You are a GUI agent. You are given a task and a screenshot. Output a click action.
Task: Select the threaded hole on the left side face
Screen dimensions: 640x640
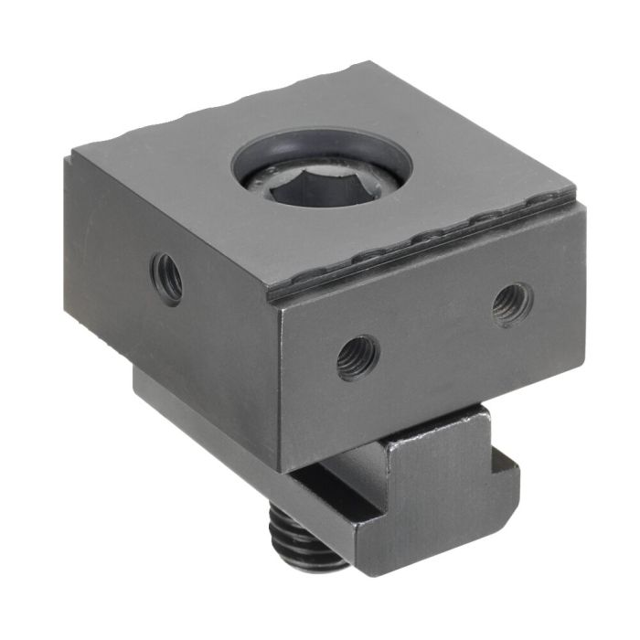[167, 278]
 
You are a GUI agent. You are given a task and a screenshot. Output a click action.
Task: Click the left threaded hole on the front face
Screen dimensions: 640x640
[357, 357]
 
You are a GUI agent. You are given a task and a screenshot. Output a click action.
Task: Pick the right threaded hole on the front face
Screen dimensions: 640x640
[511, 303]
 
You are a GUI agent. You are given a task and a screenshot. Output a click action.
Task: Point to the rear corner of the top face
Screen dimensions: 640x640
[370, 63]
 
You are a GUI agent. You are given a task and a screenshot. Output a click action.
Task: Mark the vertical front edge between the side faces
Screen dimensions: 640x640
[277, 384]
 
